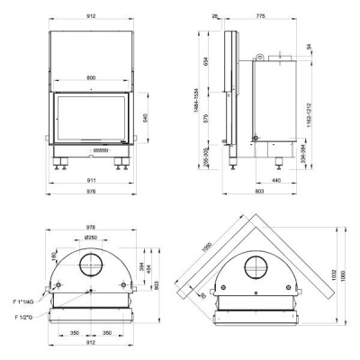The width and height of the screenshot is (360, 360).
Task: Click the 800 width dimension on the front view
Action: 92,78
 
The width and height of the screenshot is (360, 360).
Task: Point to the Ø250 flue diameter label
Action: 91,237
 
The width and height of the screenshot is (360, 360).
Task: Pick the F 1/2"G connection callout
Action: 24,318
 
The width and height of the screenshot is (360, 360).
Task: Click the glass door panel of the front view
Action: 92,117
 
